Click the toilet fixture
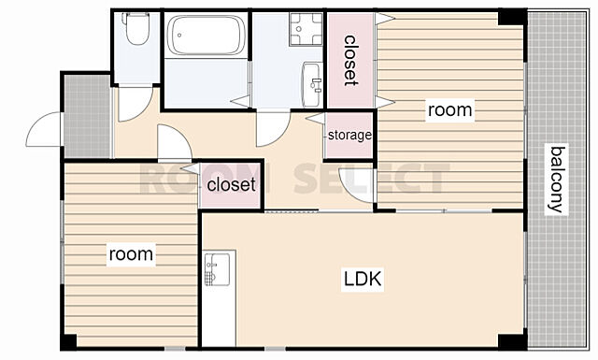[137, 29]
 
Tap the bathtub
[206, 36]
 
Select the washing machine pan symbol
[306, 29]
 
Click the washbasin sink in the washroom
[312, 85]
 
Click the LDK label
[363, 279]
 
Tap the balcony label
[556, 179]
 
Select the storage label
[349, 135]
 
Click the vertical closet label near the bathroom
[349, 61]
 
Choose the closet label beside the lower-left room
[231, 185]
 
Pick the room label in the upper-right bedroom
[450, 110]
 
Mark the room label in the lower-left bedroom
[131, 254]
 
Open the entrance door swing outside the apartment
[44, 129]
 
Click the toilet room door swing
[135, 104]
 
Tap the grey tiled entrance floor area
[87, 116]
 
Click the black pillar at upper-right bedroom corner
[512, 18]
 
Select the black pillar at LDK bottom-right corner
[512, 341]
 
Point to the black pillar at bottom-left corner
[69, 341]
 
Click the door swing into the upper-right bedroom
[357, 185]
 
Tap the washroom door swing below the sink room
[273, 129]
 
